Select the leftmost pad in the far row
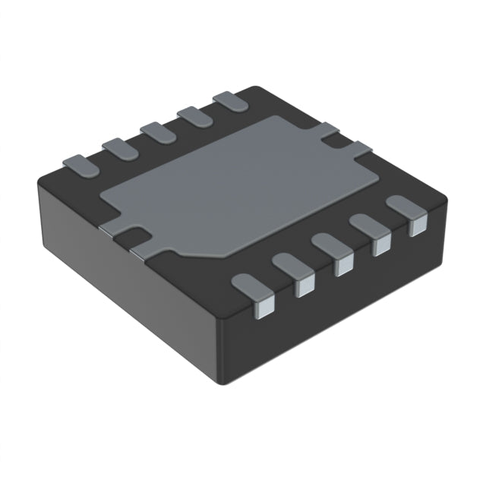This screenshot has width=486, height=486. pos(77,163)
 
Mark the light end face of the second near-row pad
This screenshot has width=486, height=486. pos(305,285)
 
